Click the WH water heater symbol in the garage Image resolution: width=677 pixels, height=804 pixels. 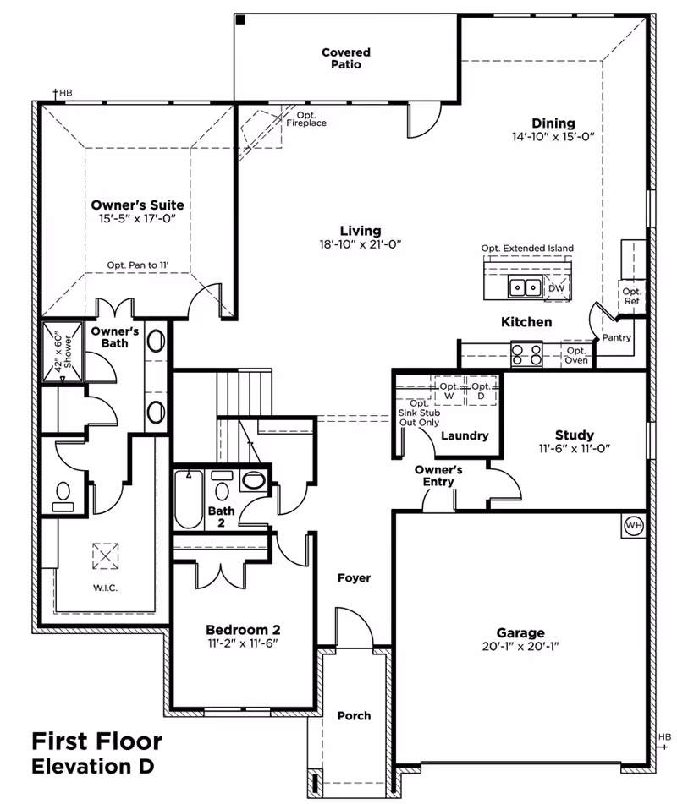pyautogui.click(x=633, y=526)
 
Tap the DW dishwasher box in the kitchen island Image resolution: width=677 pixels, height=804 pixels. pyautogui.click(x=556, y=288)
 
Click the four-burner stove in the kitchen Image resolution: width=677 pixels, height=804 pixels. pyautogui.click(x=526, y=353)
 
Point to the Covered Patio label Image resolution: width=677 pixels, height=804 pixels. pyautogui.click(x=345, y=58)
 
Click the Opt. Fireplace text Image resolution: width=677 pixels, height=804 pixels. pyautogui.click(x=305, y=119)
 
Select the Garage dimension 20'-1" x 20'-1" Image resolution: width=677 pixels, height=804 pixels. pyautogui.click(x=520, y=646)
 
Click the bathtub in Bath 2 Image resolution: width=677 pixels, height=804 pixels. pyautogui.click(x=186, y=500)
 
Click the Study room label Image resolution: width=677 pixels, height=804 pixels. pyautogui.click(x=574, y=435)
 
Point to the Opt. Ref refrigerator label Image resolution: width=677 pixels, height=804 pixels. pyautogui.click(x=631, y=296)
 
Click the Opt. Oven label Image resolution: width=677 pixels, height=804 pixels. pyautogui.click(x=576, y=355)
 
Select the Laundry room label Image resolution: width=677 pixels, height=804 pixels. pyautogui.click(x=465, y=435)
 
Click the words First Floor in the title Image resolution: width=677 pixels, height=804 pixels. pyautogui.click(x=96, y=741)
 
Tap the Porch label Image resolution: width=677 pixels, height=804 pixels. pyautogui.click(x=354, y=715)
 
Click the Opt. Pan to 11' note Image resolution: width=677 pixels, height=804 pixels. pyautogui.click(x=138, y=265)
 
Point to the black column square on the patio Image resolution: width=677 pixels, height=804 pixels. pyautogui.click(x=241, y=20)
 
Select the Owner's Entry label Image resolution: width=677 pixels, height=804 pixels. pyautogui.click(x=438, y=475)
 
